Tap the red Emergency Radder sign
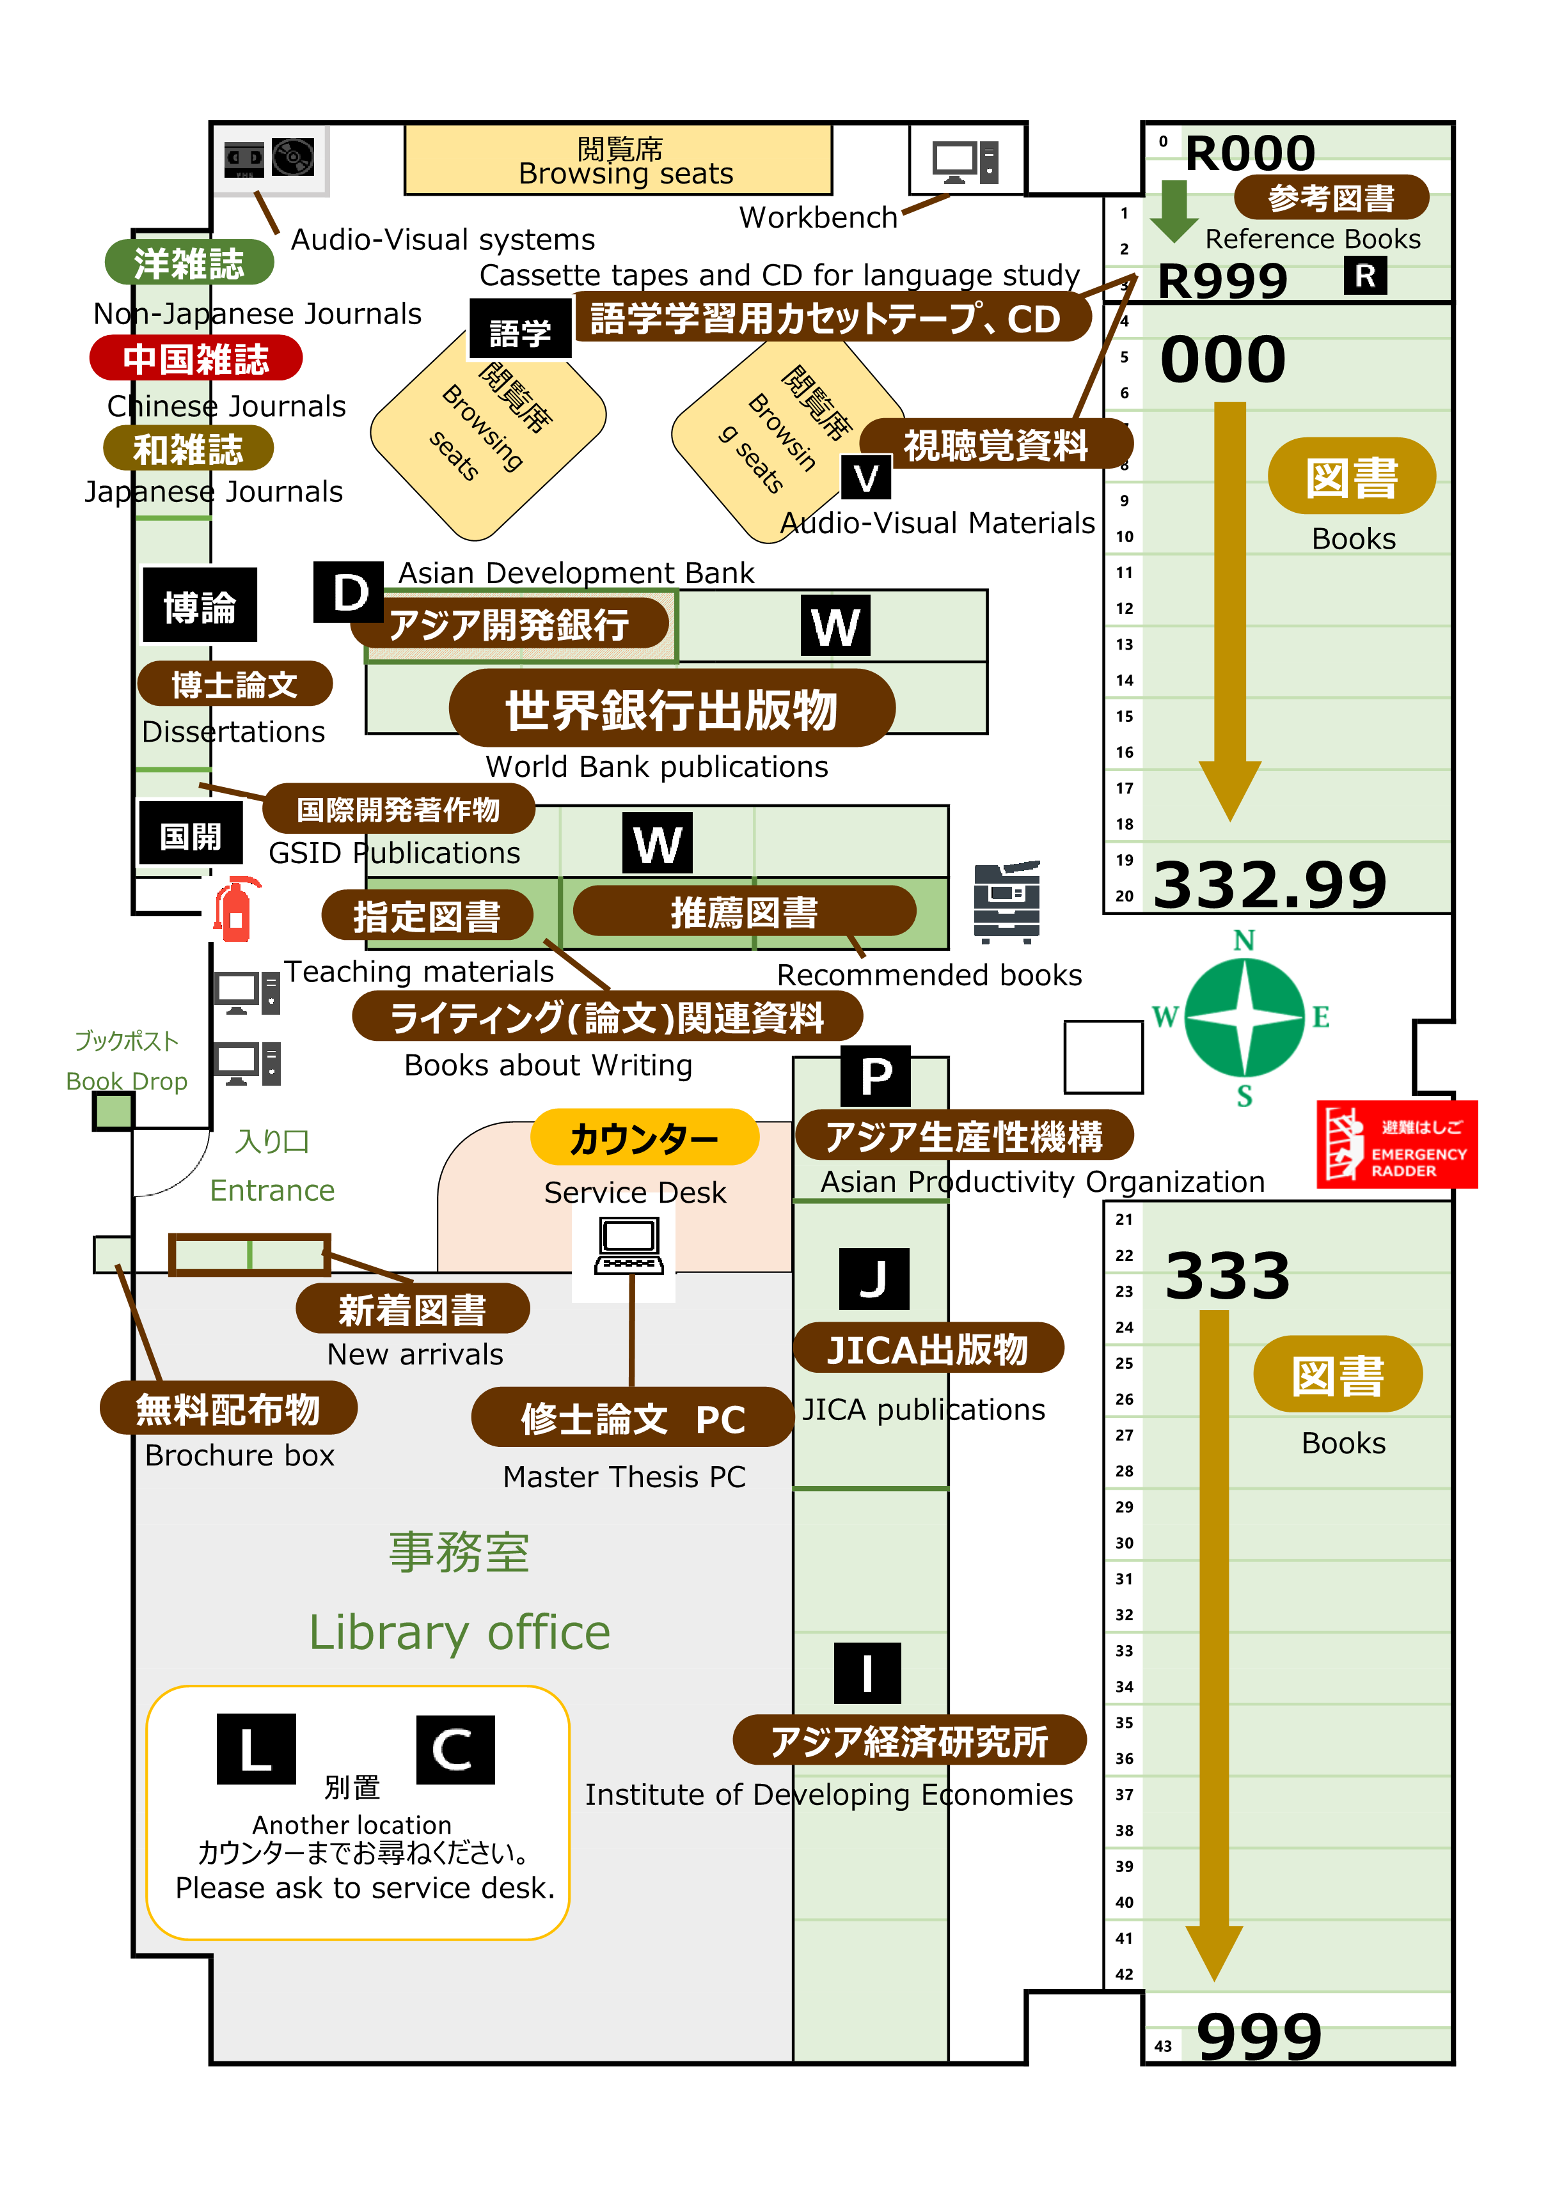click(x=1396, y=1145)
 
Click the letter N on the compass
click(x=1244, y=941)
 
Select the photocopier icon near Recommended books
click(x=1007, y=902)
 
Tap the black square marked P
click(x=876, y=1077)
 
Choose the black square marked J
click(x=874, y=1279)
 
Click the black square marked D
click(x=349, y=592)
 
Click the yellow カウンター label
click(x=644, y=1137)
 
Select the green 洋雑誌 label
click(x=189, y=263)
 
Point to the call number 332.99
click(x=1270, y=884)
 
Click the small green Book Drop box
click(x=113, y=1111)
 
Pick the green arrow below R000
click(x=1173, y=210)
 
